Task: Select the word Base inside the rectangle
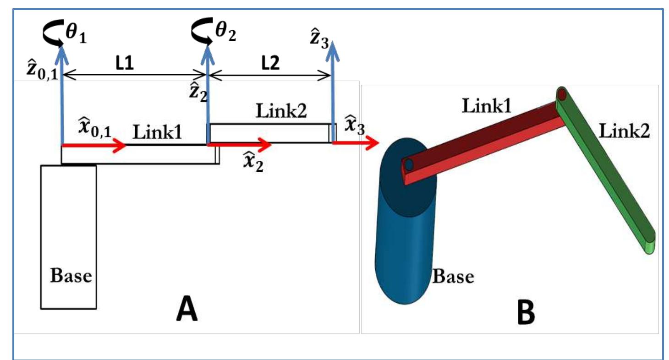[71, 276]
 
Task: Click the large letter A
[186, 311]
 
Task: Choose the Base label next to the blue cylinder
[453, 277]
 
